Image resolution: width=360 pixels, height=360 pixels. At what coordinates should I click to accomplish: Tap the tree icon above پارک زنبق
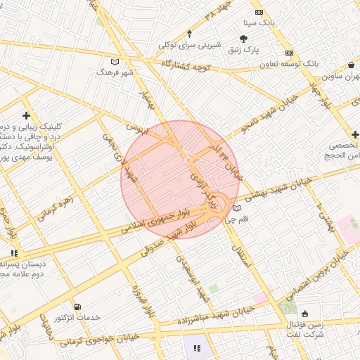click(244, 39)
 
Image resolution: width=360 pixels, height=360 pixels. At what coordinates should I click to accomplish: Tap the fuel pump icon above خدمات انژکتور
click(77, 307)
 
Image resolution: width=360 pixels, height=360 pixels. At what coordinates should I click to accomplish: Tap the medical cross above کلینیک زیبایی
click(27, 115)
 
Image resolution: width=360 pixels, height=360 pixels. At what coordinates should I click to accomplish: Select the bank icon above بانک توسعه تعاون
click(288, 54)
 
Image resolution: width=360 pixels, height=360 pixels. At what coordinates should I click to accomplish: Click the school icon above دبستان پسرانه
click(14, 254)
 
